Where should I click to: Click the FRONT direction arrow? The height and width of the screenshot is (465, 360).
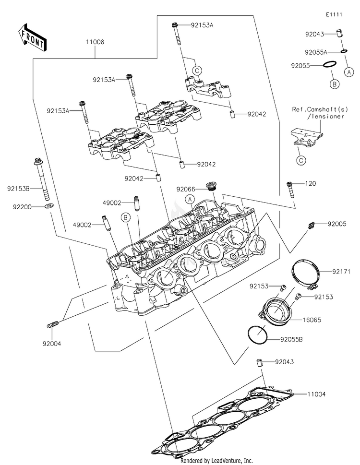coord(31,37)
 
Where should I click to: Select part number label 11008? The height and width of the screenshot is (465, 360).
coord(95,42)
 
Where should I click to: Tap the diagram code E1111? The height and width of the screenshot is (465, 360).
coord(334,14)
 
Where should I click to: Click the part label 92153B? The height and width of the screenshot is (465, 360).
coord(18,188)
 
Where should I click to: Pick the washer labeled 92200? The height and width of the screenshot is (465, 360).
coord(49,206)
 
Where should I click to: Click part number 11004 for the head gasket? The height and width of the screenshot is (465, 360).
coord(316,394)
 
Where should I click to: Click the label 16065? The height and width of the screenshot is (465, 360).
coord(312,320)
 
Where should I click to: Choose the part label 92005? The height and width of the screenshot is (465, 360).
coord(337,224)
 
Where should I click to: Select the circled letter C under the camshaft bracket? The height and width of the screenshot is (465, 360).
coord(301,160)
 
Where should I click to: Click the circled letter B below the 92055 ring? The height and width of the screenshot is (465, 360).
coord(334,84)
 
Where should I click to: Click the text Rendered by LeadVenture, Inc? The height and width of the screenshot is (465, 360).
coord(216,461)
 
